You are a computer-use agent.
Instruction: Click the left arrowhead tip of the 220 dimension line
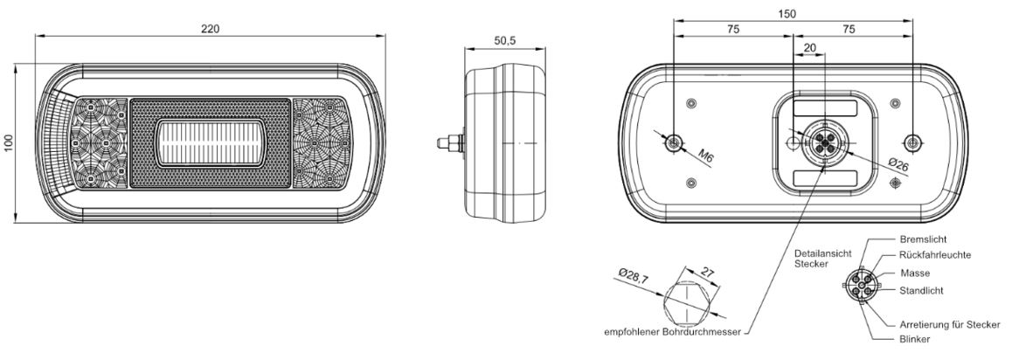click(35, 37)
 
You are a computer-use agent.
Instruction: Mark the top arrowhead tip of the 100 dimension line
click(15, 65)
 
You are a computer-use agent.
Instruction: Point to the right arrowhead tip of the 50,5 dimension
click(544, 48)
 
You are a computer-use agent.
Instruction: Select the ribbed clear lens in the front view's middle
click(210, 142)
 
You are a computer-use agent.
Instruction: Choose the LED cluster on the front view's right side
click(322, 143)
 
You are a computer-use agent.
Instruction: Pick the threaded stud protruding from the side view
click(449, 142)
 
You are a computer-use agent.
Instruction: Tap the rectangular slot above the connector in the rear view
click(825, 108)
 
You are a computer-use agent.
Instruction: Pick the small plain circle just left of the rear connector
click(793, 142)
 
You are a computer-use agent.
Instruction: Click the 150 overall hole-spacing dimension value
click(787, 14)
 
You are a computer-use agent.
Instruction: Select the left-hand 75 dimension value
click(732, 29)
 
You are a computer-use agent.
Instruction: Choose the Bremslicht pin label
click(924, 239)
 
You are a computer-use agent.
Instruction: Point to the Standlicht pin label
click(922, 290)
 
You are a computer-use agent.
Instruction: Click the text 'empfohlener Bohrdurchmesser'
click(673, 333)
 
